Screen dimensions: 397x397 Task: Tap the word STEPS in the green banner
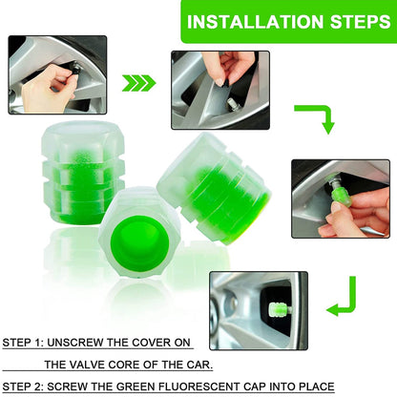(x=346, y=21)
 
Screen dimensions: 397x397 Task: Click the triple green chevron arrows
(x=139, y=82)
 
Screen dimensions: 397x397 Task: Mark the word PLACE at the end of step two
(x=314, y=387)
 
